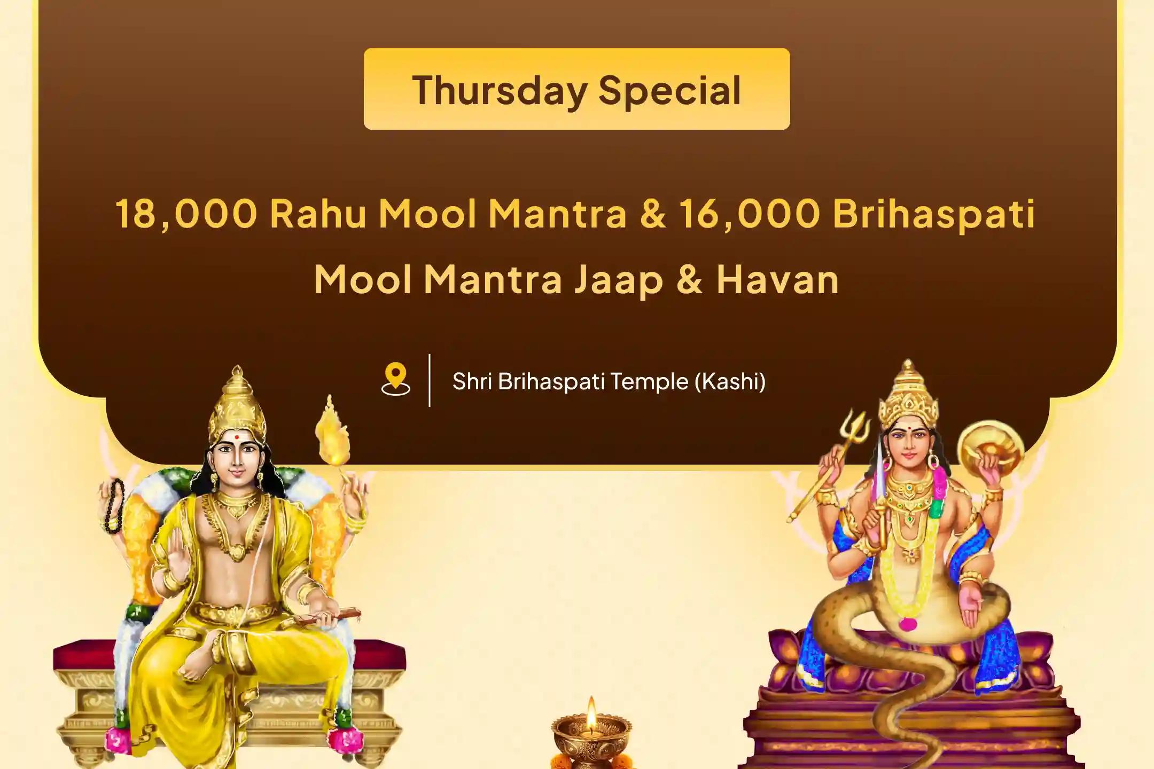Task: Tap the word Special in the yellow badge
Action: [x=669, y=90]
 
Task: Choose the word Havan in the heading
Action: [x=777, y=279]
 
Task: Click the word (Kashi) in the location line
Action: [x=730, y=381]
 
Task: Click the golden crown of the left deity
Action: [x=237, y=406]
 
